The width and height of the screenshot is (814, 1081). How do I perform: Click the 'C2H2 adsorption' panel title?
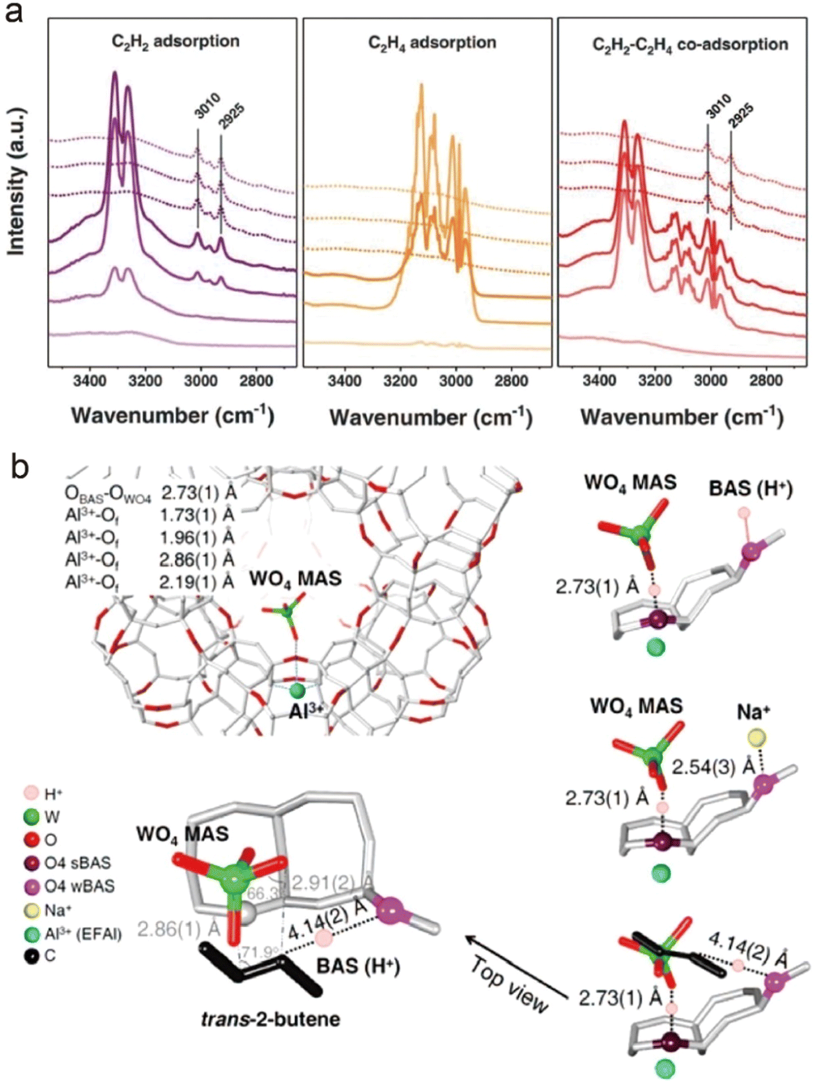pos(175,41)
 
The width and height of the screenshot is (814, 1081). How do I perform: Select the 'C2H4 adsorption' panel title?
pos(432,43)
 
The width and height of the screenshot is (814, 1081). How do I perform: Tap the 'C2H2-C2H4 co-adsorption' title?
pos(690,44)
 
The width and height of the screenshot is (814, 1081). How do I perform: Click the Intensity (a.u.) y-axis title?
pos(17,182)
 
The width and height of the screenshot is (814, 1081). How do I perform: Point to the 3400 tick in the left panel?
pos(90,381)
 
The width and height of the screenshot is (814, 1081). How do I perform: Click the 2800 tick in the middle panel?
pos(511,381)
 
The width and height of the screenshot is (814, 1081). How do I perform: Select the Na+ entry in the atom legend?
pos(58,910)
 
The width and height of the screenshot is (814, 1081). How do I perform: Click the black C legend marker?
pos(31,955)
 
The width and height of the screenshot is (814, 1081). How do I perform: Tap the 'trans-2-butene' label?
pos(271,1019)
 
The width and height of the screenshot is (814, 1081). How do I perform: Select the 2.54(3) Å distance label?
pos(714,767)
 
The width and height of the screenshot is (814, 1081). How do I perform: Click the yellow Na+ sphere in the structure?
pos(757,737)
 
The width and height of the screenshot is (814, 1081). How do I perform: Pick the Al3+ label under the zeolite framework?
pos(306,711)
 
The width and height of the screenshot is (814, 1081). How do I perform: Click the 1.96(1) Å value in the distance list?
pos(197,538)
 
